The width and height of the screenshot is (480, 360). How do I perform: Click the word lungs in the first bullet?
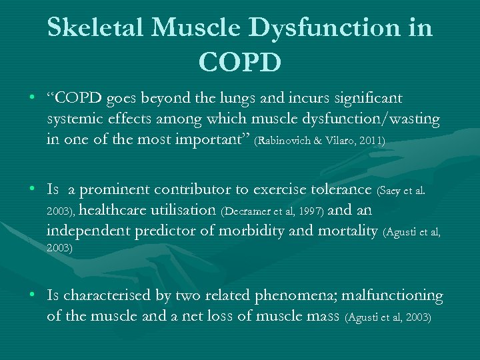257,99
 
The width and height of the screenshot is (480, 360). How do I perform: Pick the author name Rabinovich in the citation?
285,142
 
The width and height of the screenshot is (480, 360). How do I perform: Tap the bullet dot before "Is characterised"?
33,295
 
